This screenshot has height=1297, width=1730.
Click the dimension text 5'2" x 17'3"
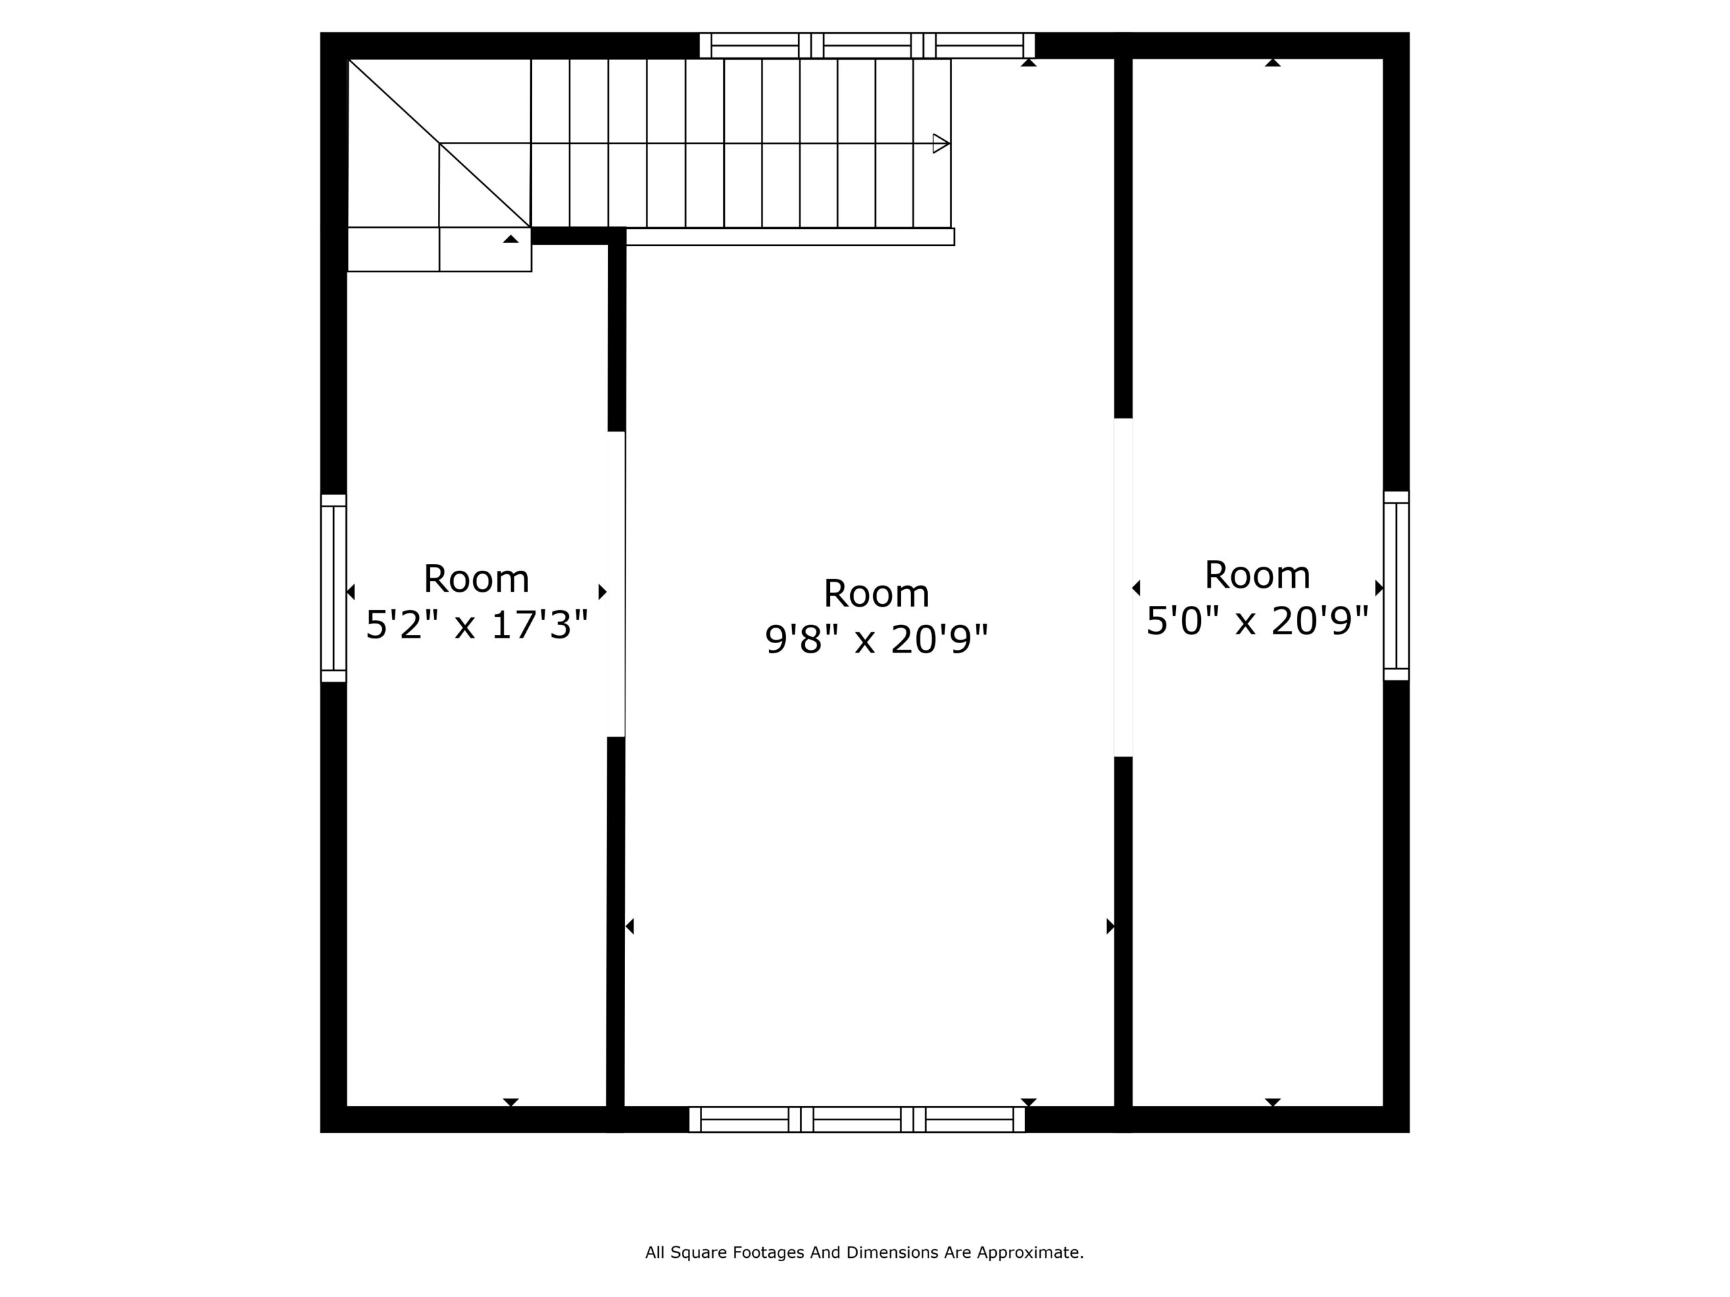477,625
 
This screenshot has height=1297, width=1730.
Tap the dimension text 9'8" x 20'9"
876,640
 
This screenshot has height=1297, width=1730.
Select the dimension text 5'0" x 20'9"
1258,621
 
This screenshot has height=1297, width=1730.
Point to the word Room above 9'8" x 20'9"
876,593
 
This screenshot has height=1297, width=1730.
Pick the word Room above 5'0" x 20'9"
1258,576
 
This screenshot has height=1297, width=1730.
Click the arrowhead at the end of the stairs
941,144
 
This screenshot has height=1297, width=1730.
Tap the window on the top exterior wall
867,45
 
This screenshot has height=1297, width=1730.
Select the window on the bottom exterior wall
857,1119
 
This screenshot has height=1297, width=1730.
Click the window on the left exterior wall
333,588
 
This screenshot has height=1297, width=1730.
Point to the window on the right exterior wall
1396,586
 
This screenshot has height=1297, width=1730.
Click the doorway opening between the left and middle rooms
616,584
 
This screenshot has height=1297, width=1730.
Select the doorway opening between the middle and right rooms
1123,587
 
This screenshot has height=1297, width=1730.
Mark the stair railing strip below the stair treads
790,237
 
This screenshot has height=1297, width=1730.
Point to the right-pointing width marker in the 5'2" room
602,592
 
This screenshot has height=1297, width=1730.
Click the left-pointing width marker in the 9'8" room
630,926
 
